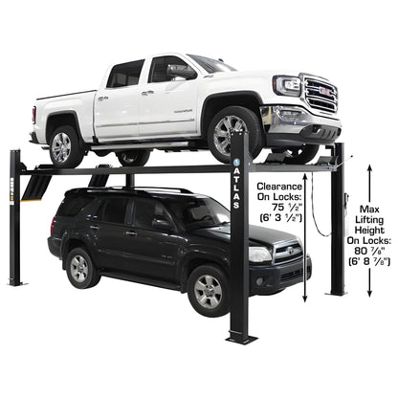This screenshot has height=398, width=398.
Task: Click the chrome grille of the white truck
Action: [x=321, y=95]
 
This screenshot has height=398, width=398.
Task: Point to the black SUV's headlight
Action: [x=260, y=254]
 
